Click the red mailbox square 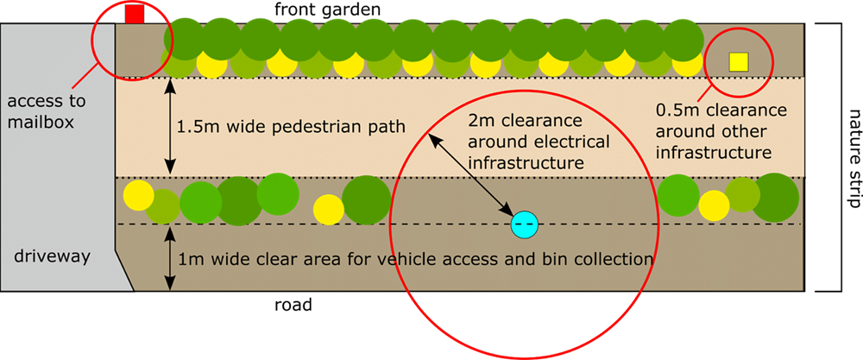point(134,14)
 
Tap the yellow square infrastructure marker point(739,61)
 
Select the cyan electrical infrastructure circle point(524,224)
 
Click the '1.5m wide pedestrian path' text point(290,127)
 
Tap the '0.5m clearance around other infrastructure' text point(721,131)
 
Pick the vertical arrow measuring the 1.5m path point(171,127)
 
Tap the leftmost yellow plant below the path point(136,193)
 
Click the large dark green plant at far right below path point(775,197)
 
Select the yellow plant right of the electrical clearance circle point(714,205)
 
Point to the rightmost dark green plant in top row point(683,38)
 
